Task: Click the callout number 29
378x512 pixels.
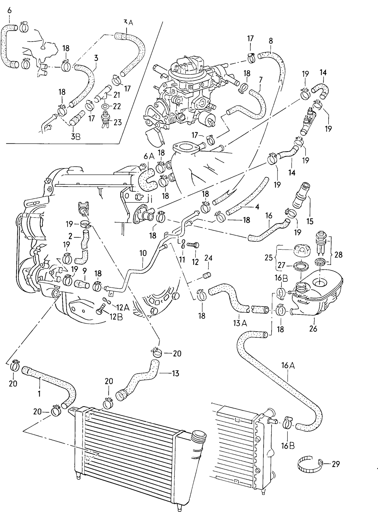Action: tap(336, 464)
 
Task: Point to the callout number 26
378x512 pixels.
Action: tap(313, 328)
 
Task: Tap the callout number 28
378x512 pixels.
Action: tap(338, 255)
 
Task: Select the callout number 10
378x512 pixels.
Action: tap(143, 253)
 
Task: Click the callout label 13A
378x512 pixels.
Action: tap(240, 323)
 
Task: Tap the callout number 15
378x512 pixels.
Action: tap(310, 222)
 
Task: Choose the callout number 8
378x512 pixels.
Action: tap(271, 41)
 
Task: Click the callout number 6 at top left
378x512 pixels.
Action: tap(10, 11)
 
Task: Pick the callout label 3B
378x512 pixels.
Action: tap(76, 136)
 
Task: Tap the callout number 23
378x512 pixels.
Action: tap(118, 122)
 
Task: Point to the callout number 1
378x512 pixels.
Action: tap(39, 394)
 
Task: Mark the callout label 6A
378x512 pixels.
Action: tap(149, 156)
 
